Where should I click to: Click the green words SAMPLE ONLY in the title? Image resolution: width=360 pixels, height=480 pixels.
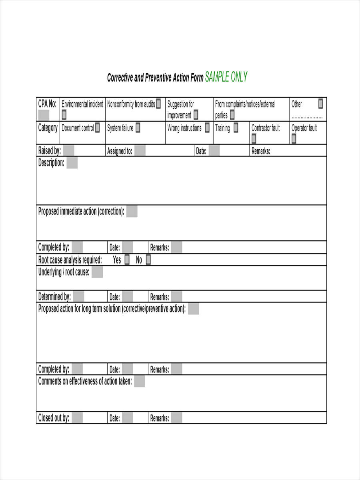[226, 77]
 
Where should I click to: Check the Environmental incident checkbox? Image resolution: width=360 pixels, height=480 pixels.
[64, 115]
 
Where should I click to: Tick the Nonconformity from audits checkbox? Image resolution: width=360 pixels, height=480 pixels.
[158, 104]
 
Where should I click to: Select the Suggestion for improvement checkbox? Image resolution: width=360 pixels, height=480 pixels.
[196, 115]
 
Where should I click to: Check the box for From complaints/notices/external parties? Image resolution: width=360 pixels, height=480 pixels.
[232, 115]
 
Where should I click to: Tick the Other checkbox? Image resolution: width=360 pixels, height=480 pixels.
[320, 104]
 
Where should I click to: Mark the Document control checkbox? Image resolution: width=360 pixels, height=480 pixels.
[98, 128]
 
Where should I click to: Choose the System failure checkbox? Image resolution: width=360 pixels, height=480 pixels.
[138, 128]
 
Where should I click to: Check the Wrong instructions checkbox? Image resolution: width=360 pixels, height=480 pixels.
[207, 128]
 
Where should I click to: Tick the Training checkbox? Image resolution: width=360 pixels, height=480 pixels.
[236, 128]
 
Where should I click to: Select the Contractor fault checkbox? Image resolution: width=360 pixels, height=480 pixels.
[254, 139]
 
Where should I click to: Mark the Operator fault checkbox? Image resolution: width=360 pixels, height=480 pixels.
[294, 139]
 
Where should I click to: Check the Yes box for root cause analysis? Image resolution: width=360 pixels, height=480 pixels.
[127, 260]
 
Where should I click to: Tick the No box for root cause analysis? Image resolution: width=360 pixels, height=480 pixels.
[148, 260]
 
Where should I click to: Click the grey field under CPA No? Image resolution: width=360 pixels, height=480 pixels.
[44, 115]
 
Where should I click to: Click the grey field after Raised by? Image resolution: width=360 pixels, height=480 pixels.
[69, 151]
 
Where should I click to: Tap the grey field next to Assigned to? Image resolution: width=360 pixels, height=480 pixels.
[140, 151]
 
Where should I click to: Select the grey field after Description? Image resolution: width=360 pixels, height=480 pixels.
[72, 163]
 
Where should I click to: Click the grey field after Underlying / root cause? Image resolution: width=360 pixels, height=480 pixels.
[97, 272]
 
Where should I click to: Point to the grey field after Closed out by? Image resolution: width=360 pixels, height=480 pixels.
[77, 418]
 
